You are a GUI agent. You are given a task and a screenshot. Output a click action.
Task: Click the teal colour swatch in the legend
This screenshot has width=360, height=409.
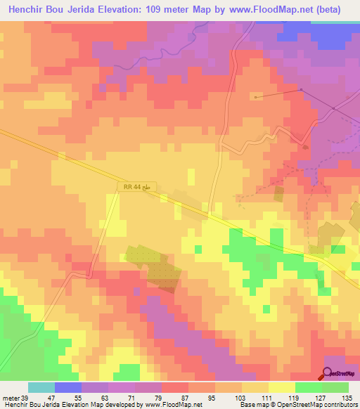pyautogui.click(x=41, y=387)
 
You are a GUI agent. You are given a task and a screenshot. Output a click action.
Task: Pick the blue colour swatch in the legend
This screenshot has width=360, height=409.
pyautogui.click(x=68, y=387)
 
